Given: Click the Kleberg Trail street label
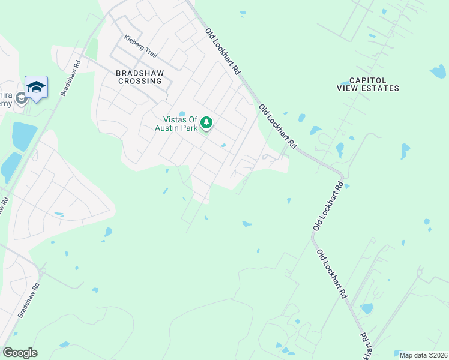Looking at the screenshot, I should pyautogui.click(x=140, y=46).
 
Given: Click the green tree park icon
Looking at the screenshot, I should pyautogui.click(x=207, y=123).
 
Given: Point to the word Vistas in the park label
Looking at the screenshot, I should pyautogui.click(x=176, y=119).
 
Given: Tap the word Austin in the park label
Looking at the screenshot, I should pyautogui.click(x=167, y=127).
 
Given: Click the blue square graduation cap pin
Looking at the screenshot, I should pyautogui.click(x=36, y=88).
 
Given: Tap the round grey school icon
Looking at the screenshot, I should pyautogui.click(x=22, y=98).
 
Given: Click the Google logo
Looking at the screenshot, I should pyautogui.click(x=20, y=352).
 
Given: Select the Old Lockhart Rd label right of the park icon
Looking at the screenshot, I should pyautogui.click(x=278, y=127).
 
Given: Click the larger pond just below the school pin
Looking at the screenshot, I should pyautogui.click(x=24, y=136).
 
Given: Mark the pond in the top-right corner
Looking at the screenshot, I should pyautogui.click(x=438, y=72).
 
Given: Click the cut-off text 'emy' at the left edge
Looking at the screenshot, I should pyautogui.click(x=5, y=104).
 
